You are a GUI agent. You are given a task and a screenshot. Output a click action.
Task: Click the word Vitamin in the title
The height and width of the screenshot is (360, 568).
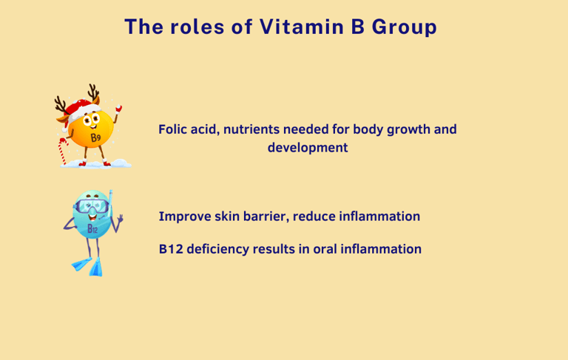(x=302, y=27)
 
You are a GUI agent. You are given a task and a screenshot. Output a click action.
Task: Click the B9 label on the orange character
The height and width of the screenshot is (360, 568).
(x=95, y=137)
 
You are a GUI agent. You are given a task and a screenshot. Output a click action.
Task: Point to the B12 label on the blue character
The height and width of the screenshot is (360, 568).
(x=92, y=229)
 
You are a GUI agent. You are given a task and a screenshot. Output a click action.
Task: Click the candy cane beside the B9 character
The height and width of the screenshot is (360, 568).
(x=63, y=151)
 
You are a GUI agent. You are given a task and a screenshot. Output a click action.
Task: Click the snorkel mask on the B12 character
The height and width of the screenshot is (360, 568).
(x=91, y=206)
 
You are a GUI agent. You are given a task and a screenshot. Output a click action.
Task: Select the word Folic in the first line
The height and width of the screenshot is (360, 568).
(x=172, y=129)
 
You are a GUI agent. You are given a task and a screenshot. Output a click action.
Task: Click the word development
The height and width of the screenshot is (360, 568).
(x=308, y=148)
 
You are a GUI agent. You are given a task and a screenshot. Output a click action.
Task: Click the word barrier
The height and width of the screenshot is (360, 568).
(x=266, y=216)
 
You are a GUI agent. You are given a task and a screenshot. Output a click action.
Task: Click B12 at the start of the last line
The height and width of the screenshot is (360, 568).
(x=171, y=249)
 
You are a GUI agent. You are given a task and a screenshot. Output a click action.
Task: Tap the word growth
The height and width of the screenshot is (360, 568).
(x=408, y=130)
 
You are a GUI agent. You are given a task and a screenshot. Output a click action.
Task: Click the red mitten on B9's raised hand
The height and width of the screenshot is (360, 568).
(x=118, y=108)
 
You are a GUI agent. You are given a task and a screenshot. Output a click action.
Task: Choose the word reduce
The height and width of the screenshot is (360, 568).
(x=314, y=216)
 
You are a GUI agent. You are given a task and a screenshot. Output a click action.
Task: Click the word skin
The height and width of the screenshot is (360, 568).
(x=227, y=216)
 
